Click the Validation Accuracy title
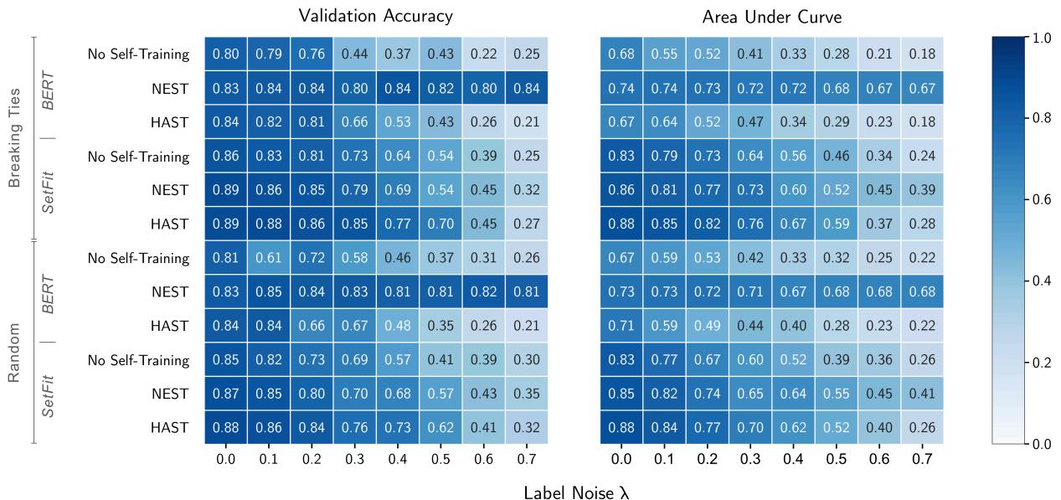point(376,16)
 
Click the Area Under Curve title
point(772,16)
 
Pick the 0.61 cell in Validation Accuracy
point(269,258)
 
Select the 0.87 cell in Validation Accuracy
point(225,394)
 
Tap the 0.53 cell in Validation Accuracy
point(397,122)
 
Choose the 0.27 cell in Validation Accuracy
point(526,224)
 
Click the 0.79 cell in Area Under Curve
point(664,157)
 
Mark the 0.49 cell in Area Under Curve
point(707,326)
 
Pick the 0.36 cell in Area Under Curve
point(878,360)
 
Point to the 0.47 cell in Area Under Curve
point(750,122)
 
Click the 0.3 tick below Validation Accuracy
point(354,460)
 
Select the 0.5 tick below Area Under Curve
point(836,460)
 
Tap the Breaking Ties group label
point(15,139)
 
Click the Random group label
point(15,343)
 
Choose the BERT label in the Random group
point(49,292)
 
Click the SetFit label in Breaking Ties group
point(49,190)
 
